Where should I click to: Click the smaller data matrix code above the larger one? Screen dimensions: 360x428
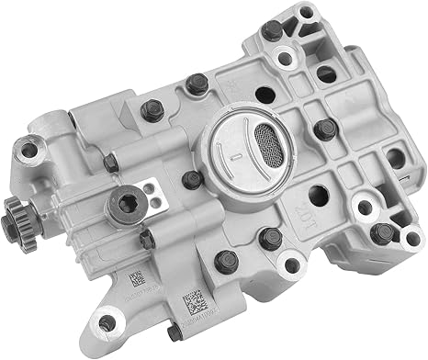tap(136, 276)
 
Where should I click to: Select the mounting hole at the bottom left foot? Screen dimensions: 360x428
tap(108, 323)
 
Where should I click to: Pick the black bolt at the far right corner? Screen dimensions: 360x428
tap(383, 232)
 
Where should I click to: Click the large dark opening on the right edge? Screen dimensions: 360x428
tap(395, 157)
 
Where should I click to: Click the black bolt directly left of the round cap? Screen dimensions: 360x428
tap(191, 179)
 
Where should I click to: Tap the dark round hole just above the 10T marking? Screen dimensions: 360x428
tap(318, 195)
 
